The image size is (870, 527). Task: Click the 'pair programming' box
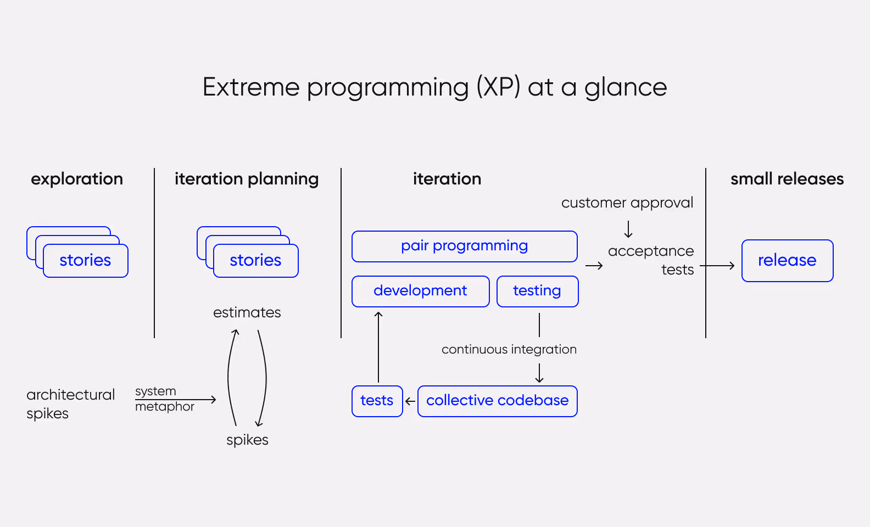click(x=464, y=246)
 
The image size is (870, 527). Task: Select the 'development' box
click(x=420, y=291)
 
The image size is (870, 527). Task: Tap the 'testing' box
click(x=537, y=291)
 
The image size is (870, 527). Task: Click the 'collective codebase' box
click(x=497, y=401)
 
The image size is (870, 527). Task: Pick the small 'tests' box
click(x=377, y=401)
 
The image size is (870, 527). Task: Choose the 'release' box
click(x=787, y=260)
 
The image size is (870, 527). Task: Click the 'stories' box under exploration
click(x=85, y=260)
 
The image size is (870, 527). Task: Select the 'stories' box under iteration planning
click(x=255, y=260)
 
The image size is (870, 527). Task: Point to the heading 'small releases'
click(x=787, y=179)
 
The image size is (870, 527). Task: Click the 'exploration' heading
click(x=77, y=179)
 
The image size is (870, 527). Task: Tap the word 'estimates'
click(x=247, y=312)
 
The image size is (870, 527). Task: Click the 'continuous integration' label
click(x=509, y=349)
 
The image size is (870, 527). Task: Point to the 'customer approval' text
click(x=627, y=203)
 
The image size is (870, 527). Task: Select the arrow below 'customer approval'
click(x=628, y=228)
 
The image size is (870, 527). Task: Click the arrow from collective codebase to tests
click(x=410, y=401)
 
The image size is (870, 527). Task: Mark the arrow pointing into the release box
click(x=717, y=266)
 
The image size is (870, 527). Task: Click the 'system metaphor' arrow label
click(x=165, y=399)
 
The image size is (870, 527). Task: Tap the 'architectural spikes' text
click(x=70, y=403)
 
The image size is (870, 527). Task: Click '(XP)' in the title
click(x=498, y=87)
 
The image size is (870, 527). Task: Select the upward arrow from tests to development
click(x=378, y=346)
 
